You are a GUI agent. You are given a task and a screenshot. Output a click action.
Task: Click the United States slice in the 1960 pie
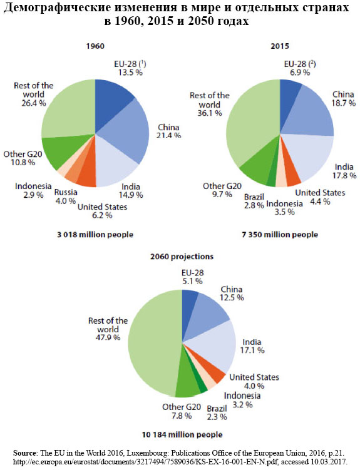click(88, 177)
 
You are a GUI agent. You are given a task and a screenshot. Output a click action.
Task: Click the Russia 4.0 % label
click(66, 197)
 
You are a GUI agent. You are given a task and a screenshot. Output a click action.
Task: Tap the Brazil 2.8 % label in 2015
click(254, 201)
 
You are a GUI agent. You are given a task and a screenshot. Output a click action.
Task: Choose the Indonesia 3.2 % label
click(242, 400)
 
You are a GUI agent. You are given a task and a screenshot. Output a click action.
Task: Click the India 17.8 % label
click(344, 171)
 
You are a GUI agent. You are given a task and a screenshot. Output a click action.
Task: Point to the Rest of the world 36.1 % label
click(210, 105)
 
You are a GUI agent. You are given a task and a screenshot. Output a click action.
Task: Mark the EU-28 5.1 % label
click(192, 277)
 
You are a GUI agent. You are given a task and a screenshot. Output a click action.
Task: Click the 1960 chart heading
click(95, 46)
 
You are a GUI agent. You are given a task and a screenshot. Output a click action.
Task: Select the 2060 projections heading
click(182, 257)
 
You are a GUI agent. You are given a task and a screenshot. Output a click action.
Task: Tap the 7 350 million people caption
click(280, 235)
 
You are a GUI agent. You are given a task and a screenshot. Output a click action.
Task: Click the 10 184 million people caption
click(182, 434)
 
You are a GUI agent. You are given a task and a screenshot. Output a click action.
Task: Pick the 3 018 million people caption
click(95, 235)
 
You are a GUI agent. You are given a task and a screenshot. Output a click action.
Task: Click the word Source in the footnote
click(24, 452)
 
